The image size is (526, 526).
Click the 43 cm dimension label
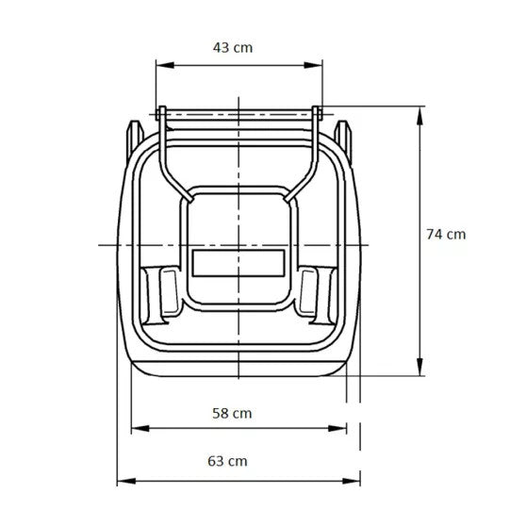[233, 46]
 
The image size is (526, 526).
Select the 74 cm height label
[445, 234]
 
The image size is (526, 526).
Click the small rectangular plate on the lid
[238, 261]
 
